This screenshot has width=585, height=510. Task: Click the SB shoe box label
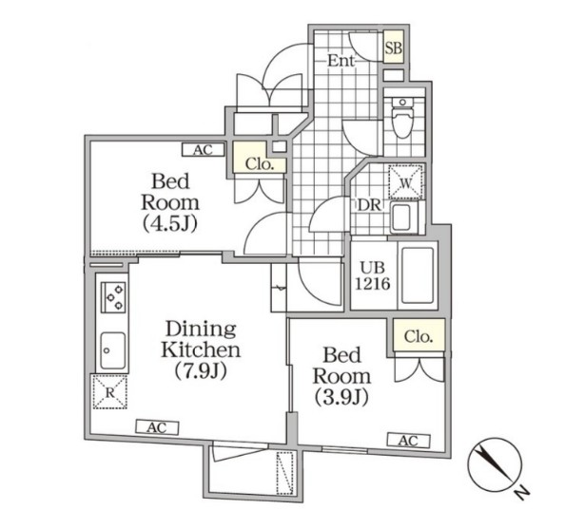point(394,48)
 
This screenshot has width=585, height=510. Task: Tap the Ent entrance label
point(341,61)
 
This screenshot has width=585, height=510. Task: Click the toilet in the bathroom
point(402,118)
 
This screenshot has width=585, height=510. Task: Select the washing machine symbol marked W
point(406,182)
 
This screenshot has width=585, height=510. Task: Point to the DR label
point(369,205)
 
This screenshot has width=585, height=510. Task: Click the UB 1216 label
point(372,276)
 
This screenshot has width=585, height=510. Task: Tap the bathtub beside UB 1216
point(418,275)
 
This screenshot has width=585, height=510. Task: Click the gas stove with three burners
point(114,297)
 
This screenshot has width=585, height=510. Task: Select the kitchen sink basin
point(112,350)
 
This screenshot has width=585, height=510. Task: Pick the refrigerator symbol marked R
point(109,392)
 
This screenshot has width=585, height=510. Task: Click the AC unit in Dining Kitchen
point(157,427)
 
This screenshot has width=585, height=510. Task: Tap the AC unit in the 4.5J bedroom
point(203,150)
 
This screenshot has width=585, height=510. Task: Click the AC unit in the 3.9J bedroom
point(408,441)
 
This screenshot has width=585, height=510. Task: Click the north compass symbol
point(495,464)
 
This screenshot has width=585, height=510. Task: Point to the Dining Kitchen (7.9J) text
point(201,349)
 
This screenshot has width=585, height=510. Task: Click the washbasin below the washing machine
point(402,217)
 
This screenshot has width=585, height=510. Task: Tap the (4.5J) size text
point(170,224)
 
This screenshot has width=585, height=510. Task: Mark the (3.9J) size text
point(341,397)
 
